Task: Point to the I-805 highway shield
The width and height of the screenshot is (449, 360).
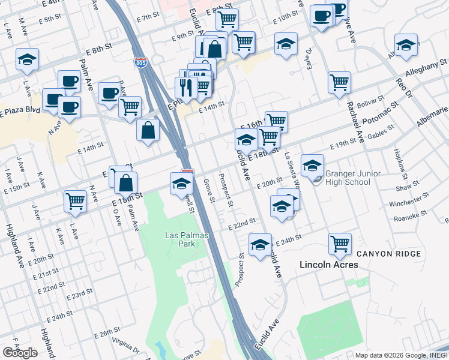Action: (x=140, y=62)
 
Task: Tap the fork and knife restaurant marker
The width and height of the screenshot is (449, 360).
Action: (x=186, y=88)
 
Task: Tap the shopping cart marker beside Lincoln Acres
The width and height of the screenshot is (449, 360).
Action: (x=340, y=244)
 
